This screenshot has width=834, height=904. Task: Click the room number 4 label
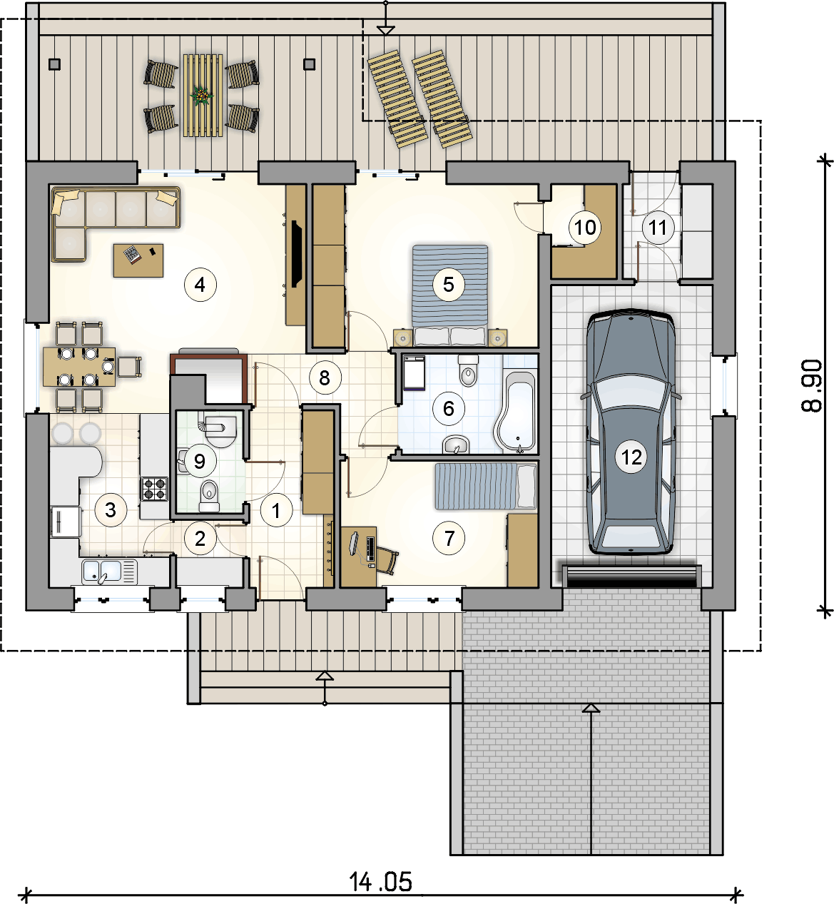pyautogui.click(x=200, y=285)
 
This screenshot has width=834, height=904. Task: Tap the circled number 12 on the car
pyautogui.click(x=631, y=457)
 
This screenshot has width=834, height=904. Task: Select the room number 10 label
pyautogui.click(x=585, y=227)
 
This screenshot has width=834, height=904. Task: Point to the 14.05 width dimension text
pyautogui.click(x=380, y=881)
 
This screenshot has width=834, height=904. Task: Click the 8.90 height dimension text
pyautogui.click(x=812, y=386)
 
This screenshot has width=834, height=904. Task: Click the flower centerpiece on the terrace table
pyautogui.click(x=202, y=96)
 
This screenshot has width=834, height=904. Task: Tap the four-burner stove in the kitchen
pyautogui.click(x=154, y=489)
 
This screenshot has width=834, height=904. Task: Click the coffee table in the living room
pyautogui.click(x=138, y=260)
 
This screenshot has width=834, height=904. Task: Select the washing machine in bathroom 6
pyautogui.click(x=415, y=373)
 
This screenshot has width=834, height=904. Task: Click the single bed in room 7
pyautogui.click(x=486, y=486)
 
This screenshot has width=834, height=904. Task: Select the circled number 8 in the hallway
pyautogui.click(x=325, y=377)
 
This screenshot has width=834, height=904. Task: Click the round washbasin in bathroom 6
pyautogui.click(x=456, y=445)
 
